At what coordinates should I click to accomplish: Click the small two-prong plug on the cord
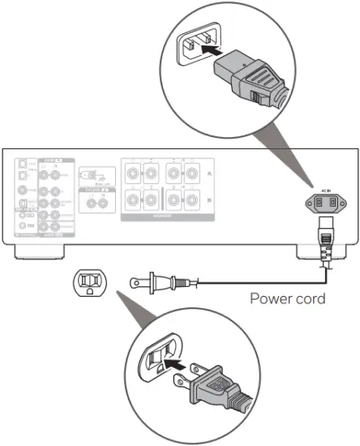pyautogui.click(x=156, y=281)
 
